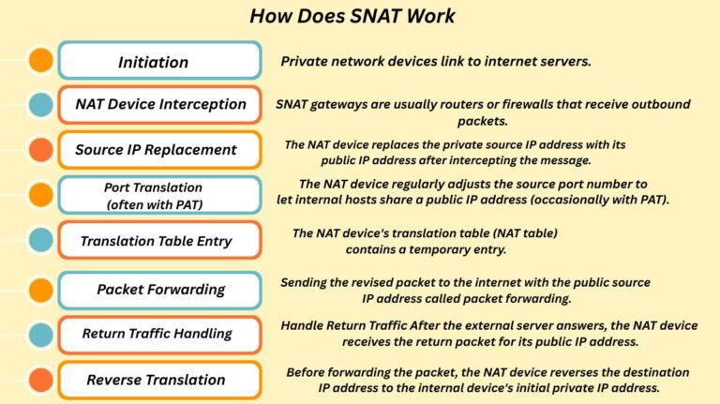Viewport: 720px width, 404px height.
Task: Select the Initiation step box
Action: point(159,61)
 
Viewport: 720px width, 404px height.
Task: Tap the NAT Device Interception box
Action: point(159,104)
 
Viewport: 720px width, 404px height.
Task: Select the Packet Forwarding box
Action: point(159,289)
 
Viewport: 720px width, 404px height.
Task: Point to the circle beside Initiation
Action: point(40,61)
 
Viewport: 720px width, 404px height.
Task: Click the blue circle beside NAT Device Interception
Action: point(40,104)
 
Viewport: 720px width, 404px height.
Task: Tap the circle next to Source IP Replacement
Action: point(40,149)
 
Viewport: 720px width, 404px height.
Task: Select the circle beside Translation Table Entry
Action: point(40,241)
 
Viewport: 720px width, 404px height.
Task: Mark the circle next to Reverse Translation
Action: point(40,380)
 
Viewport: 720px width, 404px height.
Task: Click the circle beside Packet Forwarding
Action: point(40,289)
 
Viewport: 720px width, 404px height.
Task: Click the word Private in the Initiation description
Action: point(303,61)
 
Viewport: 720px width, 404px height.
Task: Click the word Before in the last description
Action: point(308,371)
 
